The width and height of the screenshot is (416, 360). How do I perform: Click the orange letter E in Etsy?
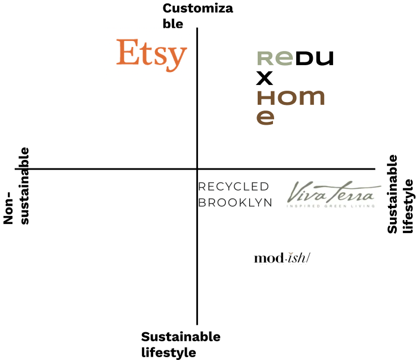(x=127, y=53)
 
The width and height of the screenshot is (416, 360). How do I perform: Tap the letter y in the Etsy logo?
(x=177, y=57)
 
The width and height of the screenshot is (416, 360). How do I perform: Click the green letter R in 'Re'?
(x=266, y=58)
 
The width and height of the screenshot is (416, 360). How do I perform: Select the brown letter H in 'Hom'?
(x=265, y=98)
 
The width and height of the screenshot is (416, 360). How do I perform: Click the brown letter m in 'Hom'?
(x=311, y=98)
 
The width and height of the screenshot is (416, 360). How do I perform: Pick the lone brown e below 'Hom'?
(x=265, y=117)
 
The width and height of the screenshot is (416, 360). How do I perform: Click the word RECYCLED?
(x=233, y=187)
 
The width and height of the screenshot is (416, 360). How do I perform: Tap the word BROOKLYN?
(x=235, y=203)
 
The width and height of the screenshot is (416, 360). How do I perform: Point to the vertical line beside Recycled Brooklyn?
(x=196, y=196)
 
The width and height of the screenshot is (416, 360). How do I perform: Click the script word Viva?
(x=305, y=193)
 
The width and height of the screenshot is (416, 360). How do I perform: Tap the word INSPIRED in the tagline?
(x=301, y=206)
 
